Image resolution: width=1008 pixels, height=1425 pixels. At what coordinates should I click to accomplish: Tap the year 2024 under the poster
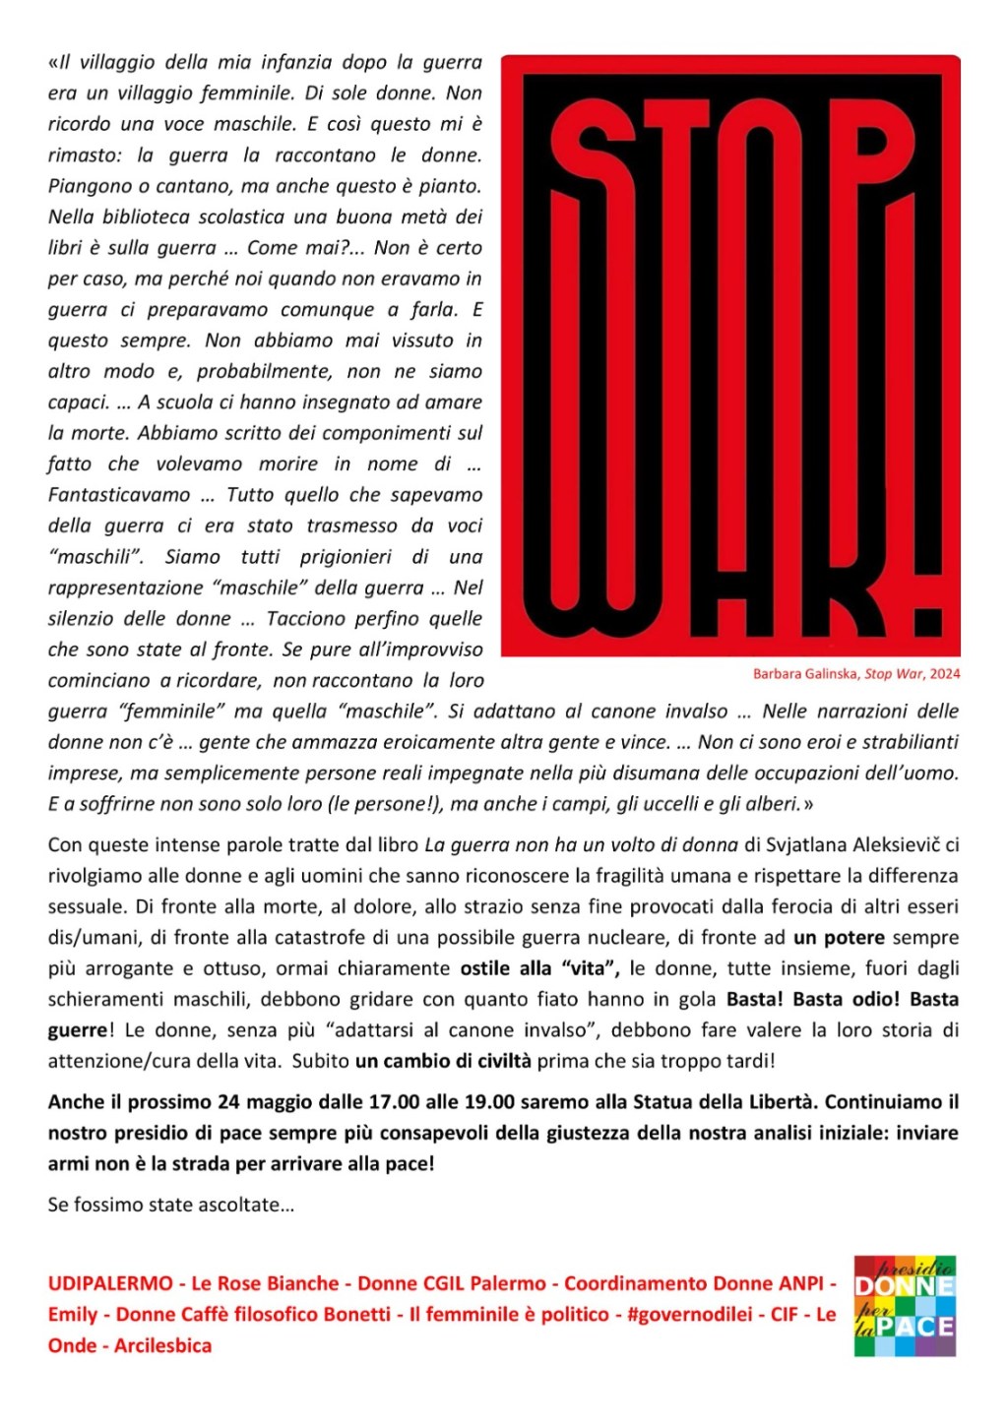[944, 674]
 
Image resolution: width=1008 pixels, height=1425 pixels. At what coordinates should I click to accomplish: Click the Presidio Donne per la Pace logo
[905, 1306]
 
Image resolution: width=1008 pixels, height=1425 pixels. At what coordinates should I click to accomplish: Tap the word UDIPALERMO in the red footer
[110, 1283]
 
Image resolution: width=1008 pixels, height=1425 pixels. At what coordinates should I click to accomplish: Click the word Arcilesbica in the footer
[162, 1345]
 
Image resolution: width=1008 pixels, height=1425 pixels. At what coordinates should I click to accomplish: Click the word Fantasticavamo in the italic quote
[119, 495]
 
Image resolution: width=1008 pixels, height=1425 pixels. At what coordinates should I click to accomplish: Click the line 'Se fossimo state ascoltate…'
[171, 1205]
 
